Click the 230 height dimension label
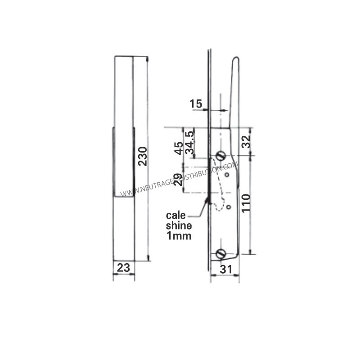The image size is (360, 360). tap(143, 156)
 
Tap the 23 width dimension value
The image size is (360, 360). tap(123, 268)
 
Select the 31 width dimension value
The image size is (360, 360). tap(226, 269)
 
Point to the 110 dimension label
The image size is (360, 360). tap(246, 203)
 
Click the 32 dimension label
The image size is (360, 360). tap(246, 141)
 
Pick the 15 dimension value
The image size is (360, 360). tap(196, 104)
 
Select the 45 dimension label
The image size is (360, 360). tap(179, 148)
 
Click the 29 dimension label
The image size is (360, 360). tap(178, 180)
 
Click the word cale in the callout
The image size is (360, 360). tap(175, 216)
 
